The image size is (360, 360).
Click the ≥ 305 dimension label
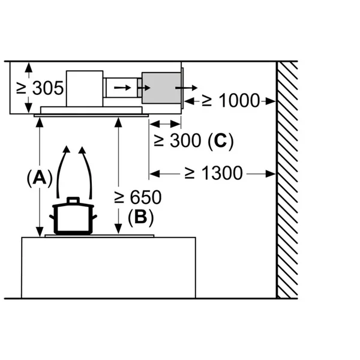pyautogui.click(x=40, y=88)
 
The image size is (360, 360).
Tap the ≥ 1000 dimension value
pyautogui.click(x=231, y=100)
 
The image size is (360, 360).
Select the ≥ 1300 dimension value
pyautogui.click(x=214, y=173)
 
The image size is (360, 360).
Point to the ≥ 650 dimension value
pyautogui.click(x=138, y=197)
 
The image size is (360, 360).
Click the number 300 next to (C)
pyautogui.click(x=185, y=140)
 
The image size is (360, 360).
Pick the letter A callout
pyautogui.click(x=40, y=178)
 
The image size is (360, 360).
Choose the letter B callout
pyautogui.click(x=140, y=217)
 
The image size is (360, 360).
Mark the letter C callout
pyautogui.click(x=220, y=140)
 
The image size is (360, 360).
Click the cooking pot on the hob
pyautogui.click(x=73, y=216)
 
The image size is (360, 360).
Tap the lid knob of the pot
pyautogui.click(x=73, y=200)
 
